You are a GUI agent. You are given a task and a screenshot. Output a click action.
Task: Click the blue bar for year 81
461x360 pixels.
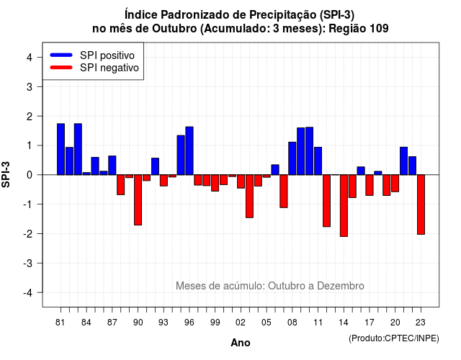pos(61,149)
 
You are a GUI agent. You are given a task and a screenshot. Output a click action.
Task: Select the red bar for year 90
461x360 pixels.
pos(138,200)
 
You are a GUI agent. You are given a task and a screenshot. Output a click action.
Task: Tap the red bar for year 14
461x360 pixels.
pos(344,205)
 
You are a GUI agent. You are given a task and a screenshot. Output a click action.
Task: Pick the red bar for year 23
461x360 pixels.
pos(421,204)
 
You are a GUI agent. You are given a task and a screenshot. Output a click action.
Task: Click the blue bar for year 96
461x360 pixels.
pos(189,150)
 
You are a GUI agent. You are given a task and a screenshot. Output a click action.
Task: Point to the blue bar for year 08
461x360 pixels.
pos(292,158)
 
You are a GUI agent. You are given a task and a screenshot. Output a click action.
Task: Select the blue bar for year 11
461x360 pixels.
pos(318,161)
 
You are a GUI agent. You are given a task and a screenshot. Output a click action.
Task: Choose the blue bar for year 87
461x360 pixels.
pos(112,166)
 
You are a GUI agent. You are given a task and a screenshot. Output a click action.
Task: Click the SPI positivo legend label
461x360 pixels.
pos(107,55)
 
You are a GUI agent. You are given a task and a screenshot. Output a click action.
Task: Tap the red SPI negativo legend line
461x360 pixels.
pos(61,68)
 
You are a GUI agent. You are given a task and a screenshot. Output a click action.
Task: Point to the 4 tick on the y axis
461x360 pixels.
pos(40,58)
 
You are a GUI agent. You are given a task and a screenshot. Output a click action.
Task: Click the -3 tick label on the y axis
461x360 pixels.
pos(27,264)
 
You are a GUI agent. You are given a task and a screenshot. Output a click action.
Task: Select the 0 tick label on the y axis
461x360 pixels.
pos(30,175)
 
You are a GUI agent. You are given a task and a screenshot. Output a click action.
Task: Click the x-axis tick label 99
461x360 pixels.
pos(215,323)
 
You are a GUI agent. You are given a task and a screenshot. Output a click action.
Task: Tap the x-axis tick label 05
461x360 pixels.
pos(267,323)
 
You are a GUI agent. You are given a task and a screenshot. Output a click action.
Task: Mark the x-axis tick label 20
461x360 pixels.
pos(395,323)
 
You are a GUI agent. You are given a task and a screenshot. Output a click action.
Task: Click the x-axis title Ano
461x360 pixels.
pos(241,343)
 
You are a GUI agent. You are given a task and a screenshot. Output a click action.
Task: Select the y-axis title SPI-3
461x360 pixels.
pos(6,174)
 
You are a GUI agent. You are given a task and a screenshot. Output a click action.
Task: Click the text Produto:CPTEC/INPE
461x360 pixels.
pos(394,338)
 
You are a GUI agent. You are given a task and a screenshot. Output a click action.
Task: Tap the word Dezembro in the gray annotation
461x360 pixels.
pos(341,286)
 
